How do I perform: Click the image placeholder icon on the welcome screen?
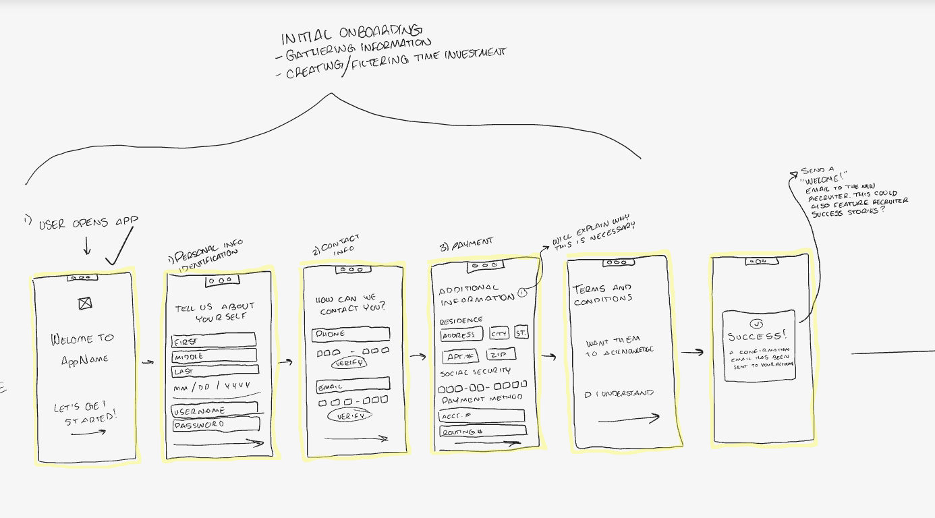click(x=85, y=304)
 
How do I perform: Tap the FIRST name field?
click(x=213, y=340)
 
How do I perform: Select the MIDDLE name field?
click(x=214, y=355)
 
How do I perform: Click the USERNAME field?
click(x=214, y=409)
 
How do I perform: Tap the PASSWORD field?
click(x=216, y=425)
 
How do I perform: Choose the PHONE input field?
click(x=351, y=334)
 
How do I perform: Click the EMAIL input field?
click(x=353, y=386)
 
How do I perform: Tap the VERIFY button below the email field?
click(x=349, y=416)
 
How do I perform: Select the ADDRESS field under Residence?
click(x=461, y=335)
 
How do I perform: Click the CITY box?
click(x=499, y=334)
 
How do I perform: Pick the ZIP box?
click(x=500, y=355)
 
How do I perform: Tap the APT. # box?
click(x=461, y=356)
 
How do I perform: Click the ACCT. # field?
click(x=481, y=415)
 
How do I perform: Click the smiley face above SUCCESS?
click(x=757, y=324)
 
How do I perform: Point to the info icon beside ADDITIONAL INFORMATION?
click(x=522, y=293)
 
